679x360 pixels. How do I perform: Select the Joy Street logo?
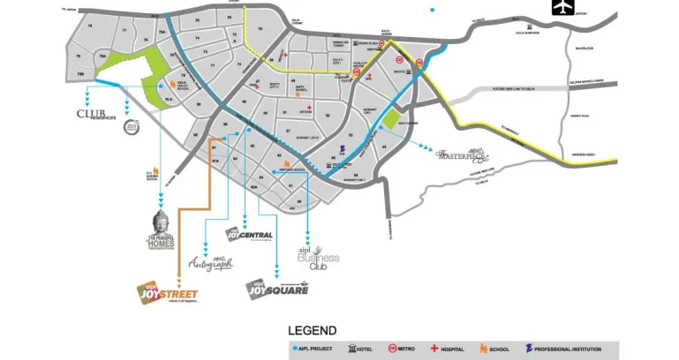tap(167, 292)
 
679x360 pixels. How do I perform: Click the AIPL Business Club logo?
tap(317, 258)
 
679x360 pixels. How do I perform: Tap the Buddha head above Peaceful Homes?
tap(160, 221)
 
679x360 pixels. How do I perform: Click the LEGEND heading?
tap(312, 331)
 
